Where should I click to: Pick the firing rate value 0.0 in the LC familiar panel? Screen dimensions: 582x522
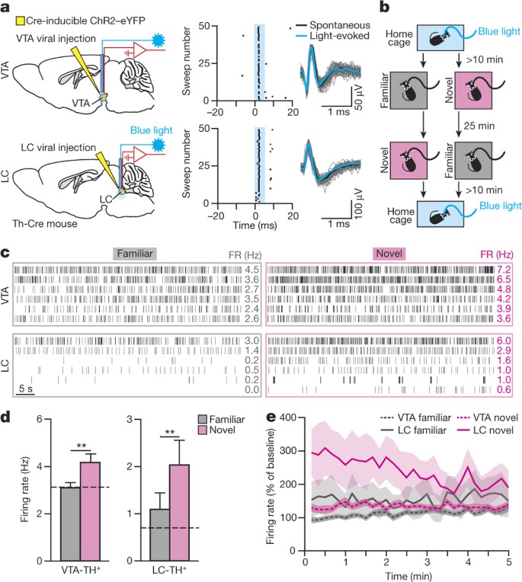[232, 389]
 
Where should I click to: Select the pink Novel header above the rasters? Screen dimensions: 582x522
[388, 254]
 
